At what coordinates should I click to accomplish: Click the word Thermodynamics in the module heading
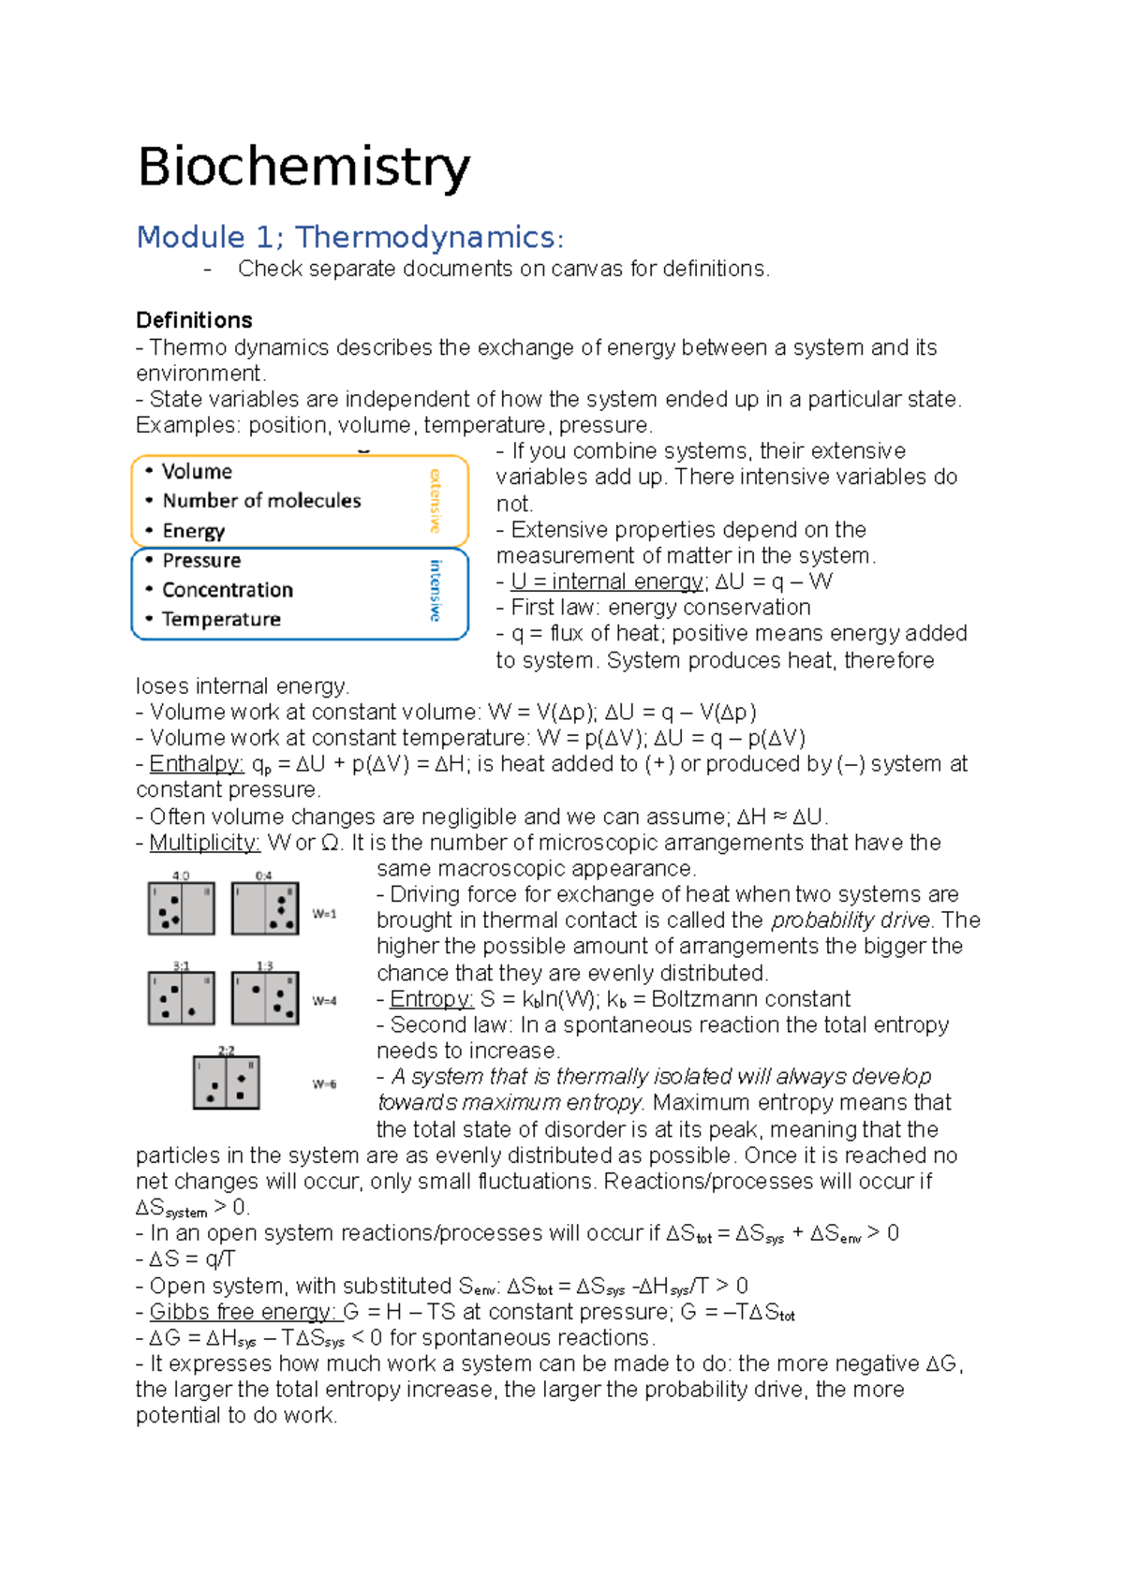click(x=425, y=237)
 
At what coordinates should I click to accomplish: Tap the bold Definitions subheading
click(x=194, y=320)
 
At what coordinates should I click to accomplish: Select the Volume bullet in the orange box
click(x=197, y=471)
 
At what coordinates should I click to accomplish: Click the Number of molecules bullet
click(x=261, y=501)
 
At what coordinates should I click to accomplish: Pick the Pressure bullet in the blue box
click(x=201, y=560)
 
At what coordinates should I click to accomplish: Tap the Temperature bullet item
click(x=221, y=619)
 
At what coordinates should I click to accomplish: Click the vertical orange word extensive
click(x=435, y=500)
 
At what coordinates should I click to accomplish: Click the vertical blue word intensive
click(x=435, y=590)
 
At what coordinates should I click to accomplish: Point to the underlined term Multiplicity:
click(x=204, y=843)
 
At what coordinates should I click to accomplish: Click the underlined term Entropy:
click(x=431, y=999)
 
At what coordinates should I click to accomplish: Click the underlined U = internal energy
click(x=607, y=582)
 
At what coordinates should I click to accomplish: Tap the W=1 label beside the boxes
click(x=324, y=913)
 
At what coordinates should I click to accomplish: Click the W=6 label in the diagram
click(x=324, y=1084)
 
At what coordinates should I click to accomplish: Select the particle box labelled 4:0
click(x=181, y=907)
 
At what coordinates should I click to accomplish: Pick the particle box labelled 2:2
click(x=226, y=1082)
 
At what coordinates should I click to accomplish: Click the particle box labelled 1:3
click(x=265, y=997)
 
